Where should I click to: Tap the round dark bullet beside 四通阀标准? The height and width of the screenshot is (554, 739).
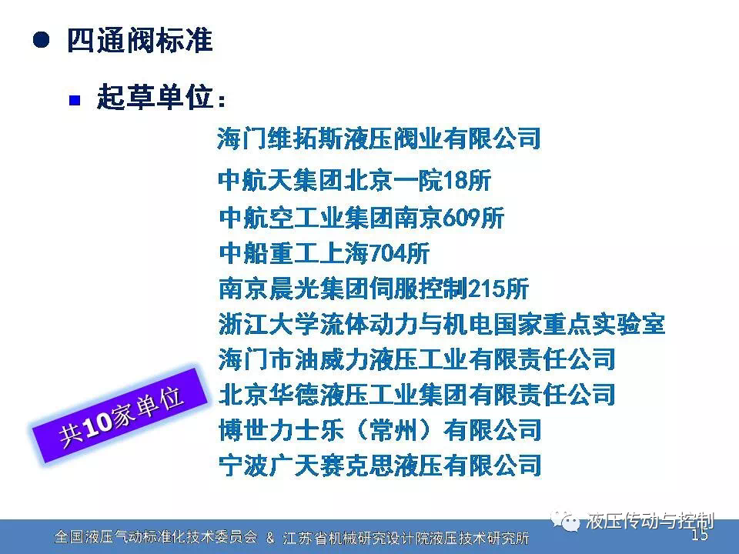click(42, 39)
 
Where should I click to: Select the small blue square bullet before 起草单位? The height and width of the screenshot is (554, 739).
click(75, 100)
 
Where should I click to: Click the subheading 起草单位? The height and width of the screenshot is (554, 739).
click(155, 98)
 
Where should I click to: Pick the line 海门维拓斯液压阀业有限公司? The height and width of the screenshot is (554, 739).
click(379, 138)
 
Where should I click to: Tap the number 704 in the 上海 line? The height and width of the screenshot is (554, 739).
click(386, 253)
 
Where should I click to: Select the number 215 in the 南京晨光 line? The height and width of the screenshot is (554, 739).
click(485, 289)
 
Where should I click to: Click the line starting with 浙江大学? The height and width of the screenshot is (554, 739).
click(442, 324)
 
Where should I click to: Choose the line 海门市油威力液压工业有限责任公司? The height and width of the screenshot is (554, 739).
click(416, 359)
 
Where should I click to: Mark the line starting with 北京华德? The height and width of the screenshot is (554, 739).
click(416, 395)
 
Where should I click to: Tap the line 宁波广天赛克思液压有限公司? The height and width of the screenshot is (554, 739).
click(380, 466)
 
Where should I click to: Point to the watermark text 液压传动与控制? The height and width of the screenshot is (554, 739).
click(650, 521)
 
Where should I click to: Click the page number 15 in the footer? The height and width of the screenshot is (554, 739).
click(700, 535)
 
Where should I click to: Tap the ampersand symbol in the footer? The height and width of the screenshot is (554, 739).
click(270, 537)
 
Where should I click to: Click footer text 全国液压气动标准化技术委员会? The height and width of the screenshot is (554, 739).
click(156, 537)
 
